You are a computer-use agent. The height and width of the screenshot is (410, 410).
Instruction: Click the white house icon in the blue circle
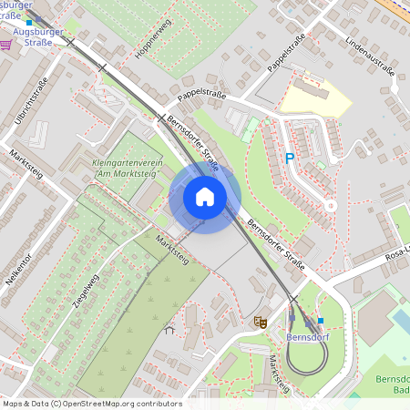(x=204, y=197)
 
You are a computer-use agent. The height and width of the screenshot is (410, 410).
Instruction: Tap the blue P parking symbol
(x=290, y=159)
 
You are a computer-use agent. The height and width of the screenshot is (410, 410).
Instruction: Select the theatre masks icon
(x=260, y=321)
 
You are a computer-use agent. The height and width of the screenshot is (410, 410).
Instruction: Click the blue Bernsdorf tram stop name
(x=306, y=336)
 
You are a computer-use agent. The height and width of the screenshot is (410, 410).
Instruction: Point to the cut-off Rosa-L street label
(x=397, y=254)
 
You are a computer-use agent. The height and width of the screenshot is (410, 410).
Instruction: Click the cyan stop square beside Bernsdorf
(x=320, y=321)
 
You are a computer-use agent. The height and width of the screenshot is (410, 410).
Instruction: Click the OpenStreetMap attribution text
(x=91, y=404)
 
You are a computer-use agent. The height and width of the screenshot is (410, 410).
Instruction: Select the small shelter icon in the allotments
(x=167, y=331)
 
